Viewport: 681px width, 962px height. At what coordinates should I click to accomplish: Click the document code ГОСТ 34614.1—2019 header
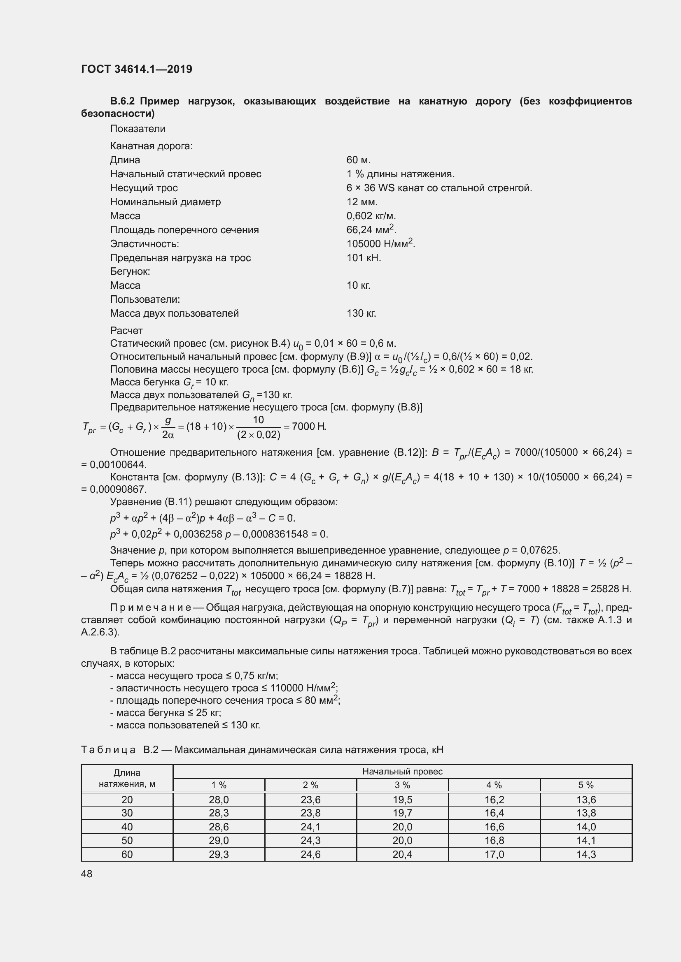137,69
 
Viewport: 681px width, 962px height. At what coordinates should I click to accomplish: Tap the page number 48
86,874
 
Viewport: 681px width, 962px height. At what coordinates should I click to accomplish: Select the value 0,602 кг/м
371,216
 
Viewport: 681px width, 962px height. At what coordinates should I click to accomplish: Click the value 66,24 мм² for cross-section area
371,229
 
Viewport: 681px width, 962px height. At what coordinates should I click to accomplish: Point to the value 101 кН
364,258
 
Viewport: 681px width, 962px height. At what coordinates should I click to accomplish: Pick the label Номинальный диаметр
165,202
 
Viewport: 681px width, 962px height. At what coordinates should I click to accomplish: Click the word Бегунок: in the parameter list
130,271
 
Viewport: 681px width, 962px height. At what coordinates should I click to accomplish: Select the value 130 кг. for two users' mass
361,313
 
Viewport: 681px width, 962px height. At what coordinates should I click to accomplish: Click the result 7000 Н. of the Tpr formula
309,427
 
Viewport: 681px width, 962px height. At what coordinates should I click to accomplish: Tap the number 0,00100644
118,465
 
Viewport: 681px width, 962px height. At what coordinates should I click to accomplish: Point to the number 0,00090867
118,489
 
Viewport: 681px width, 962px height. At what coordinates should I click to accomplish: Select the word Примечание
151,607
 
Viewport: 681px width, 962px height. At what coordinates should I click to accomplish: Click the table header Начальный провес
402,771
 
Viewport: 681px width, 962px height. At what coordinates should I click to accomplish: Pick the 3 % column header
402,785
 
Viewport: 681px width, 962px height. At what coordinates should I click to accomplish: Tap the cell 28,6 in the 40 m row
219,827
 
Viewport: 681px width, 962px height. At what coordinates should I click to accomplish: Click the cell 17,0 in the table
494,854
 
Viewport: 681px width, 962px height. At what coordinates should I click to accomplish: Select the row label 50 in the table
127,841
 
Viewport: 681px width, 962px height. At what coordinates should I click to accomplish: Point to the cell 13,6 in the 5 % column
586,800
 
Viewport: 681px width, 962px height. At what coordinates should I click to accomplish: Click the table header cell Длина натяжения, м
127,778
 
